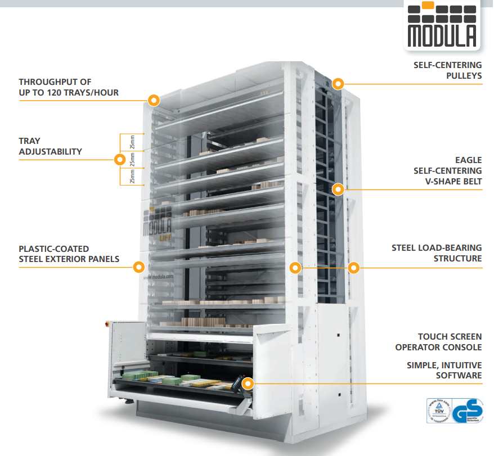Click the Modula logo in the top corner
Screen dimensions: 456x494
point(442,25)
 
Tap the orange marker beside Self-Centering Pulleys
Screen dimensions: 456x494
point(338,84)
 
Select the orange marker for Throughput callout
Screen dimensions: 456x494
point(154,101)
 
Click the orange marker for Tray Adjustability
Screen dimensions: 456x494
point(119,159)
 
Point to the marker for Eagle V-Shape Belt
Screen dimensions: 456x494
point(338,189)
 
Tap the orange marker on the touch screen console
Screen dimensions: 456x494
point(248,383)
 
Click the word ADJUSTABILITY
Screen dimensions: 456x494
point(50,151)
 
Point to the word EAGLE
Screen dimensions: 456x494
point(468,160)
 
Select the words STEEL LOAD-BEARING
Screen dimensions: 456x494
point(437,247)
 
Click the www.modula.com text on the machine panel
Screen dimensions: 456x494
point(158,277)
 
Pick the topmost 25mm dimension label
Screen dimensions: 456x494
point(132,142)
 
